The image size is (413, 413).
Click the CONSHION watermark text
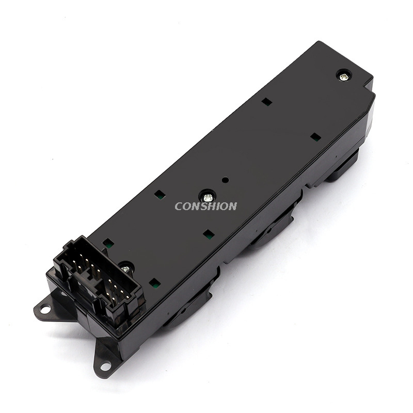(205, 206)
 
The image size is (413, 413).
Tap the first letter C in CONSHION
(179, 206)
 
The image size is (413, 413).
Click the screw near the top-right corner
(343, 76)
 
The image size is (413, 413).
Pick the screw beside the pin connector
(126, 268)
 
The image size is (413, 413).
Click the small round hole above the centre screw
(226, 180)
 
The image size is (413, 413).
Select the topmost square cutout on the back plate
(267, 101)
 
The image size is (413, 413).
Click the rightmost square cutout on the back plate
(315, 136)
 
